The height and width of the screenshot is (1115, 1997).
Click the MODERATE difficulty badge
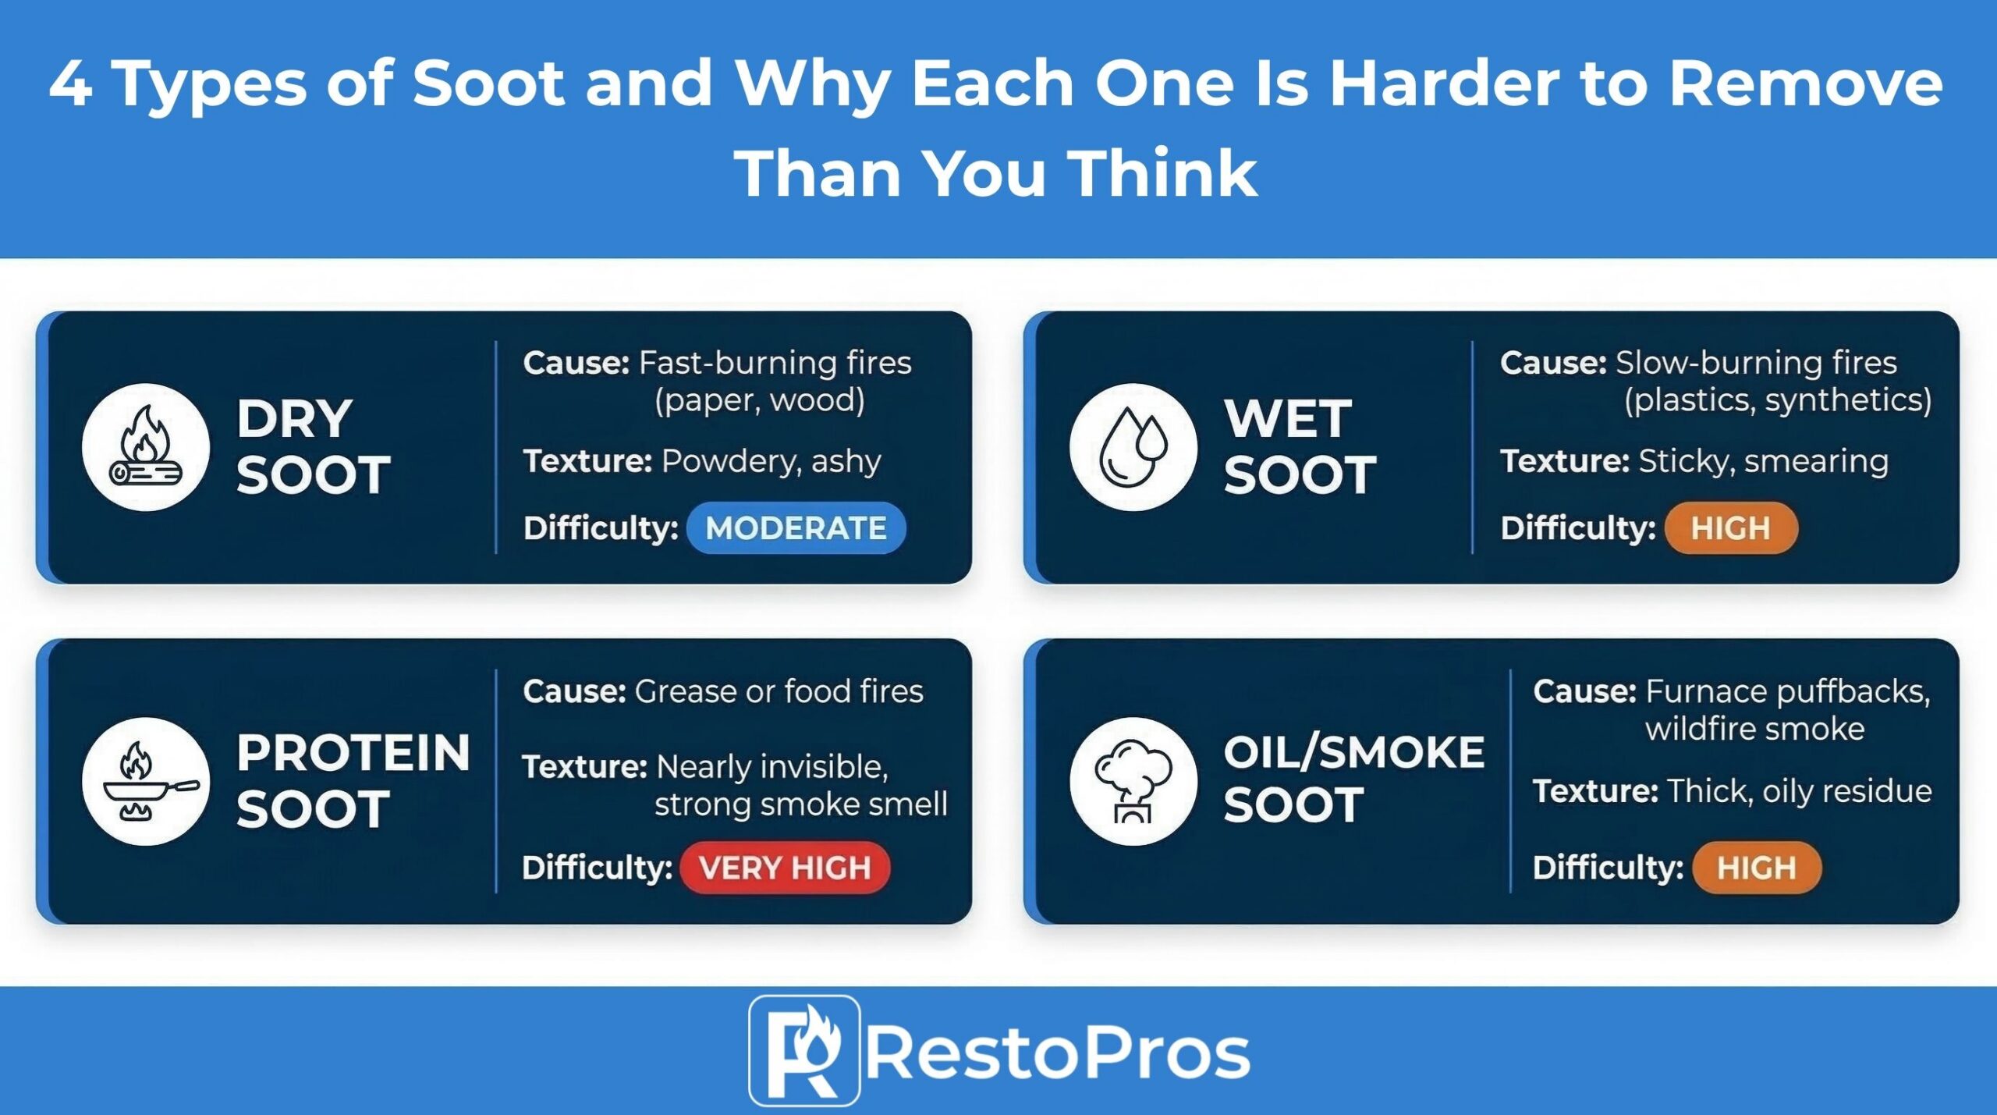[796, 528]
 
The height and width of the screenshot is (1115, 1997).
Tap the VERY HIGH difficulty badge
[785, 868]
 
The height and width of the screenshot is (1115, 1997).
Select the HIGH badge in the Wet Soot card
[1730, 528]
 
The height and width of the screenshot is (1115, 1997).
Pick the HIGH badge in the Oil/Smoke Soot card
[1756, 868]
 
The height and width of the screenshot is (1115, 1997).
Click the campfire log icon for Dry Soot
[146, 448]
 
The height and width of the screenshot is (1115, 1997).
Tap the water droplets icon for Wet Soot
[1133, 448]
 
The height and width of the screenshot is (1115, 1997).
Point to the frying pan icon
[146, 782]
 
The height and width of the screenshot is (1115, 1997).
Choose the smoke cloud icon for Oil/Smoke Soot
[1133, 782]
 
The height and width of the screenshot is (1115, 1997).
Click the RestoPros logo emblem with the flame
[804, 1051]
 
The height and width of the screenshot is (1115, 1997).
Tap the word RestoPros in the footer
[1058, 1054]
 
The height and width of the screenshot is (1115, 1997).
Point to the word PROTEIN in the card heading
[353, 753]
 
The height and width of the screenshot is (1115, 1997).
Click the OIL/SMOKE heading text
[1353, 753]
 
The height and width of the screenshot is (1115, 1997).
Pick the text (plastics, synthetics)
[1778, 400]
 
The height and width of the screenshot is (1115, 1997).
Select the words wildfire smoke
[1754, 730]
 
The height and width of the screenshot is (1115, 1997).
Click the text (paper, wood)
[759, 400]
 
